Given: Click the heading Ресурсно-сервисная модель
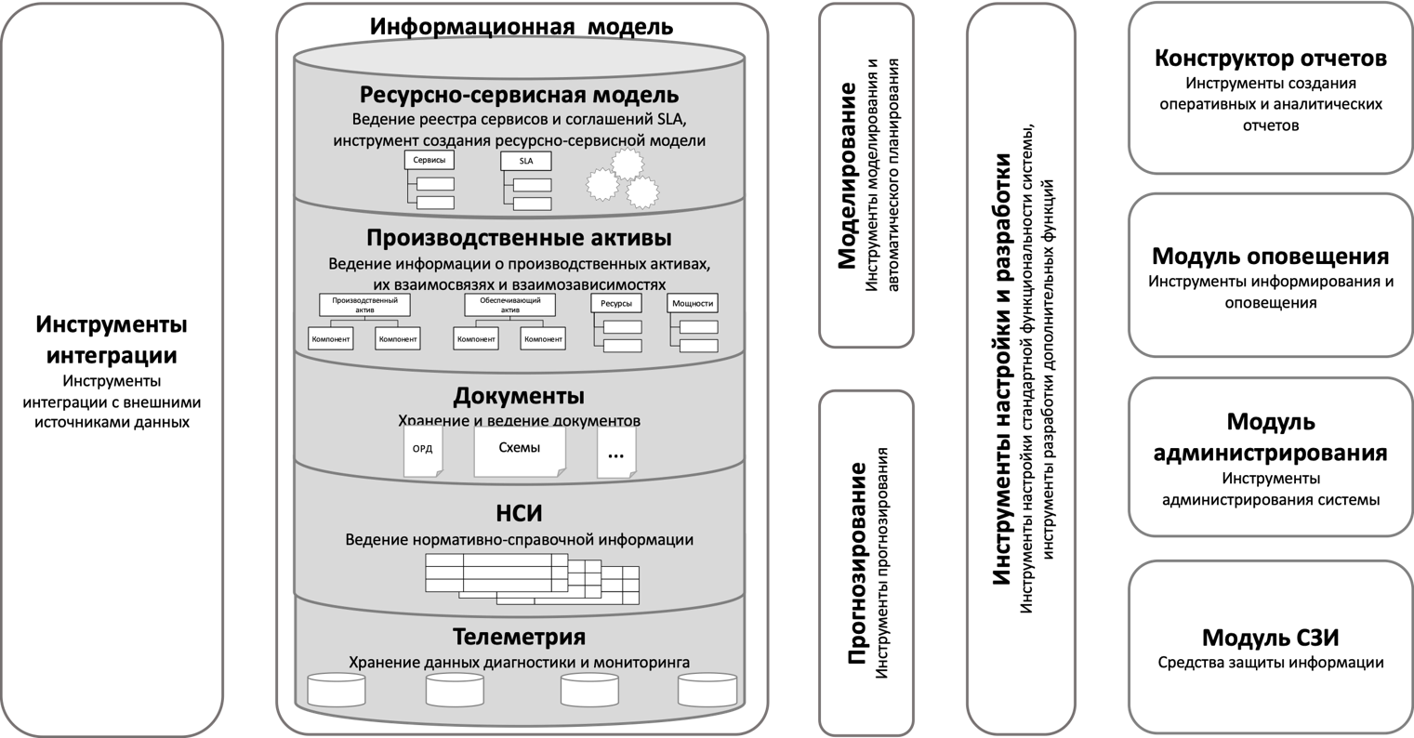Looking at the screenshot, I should click(520, 95).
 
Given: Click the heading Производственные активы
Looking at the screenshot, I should click(519, 239).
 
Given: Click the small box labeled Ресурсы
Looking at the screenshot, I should click(616, 303).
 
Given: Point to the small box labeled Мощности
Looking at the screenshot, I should click(693, 303).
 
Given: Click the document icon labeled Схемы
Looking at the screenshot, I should click(520, 449).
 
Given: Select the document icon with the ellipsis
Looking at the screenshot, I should click(616, 453).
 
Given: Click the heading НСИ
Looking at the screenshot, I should click(519, 514).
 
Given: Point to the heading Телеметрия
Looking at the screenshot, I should click(519, 637).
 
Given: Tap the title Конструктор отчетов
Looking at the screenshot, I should click(1271, 59).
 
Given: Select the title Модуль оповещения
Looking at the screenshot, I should click(1271, 256).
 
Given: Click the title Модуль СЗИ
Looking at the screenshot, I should click(1271, 638).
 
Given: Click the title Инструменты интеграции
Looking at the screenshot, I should click(112, 340).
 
